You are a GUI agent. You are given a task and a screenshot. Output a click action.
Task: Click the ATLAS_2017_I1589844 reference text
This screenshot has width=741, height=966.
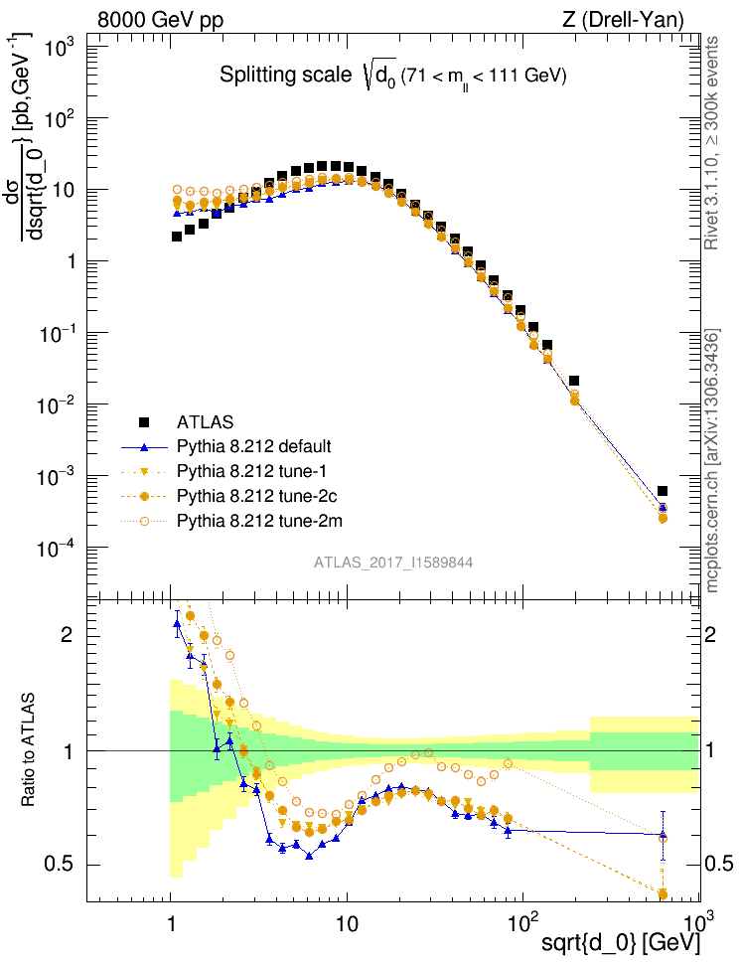[x=392, y=563]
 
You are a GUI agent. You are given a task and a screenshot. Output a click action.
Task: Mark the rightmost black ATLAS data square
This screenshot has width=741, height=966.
[x=663, y=491]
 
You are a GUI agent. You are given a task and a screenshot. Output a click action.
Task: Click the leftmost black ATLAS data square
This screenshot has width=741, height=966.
[x=176, y=237]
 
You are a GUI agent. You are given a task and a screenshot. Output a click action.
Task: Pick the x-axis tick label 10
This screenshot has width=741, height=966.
[x=346, y=920]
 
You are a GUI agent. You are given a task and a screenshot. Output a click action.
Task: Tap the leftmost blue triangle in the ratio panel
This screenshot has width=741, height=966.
[x=177, y=624]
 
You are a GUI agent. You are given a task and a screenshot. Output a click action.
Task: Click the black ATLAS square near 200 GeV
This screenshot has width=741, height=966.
[x=574, y=381]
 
